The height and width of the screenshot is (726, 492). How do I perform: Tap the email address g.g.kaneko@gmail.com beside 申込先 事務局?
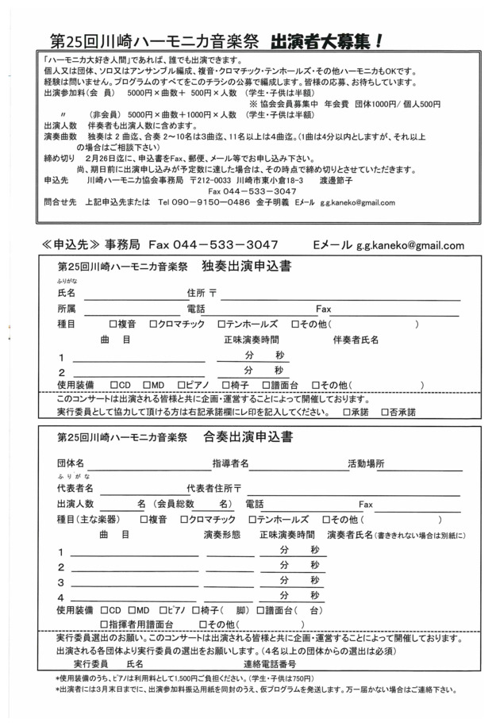click(409, 245)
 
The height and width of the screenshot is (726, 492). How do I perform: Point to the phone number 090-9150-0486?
click(198, 202)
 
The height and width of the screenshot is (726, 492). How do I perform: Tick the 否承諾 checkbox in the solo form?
click(384, 413)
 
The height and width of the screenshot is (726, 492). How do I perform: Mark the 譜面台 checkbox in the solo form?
click(267, 385)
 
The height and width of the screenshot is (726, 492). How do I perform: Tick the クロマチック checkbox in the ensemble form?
click(185, 519)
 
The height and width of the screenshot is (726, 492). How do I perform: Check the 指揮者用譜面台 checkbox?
click(104, 624)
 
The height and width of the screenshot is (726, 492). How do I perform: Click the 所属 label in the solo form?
click(67, 308)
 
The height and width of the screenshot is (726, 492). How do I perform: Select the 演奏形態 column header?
click(223, 535)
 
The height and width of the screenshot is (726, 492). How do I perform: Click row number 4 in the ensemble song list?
click(60, 597)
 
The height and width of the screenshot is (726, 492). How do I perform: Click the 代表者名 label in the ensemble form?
click(75, 487)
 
